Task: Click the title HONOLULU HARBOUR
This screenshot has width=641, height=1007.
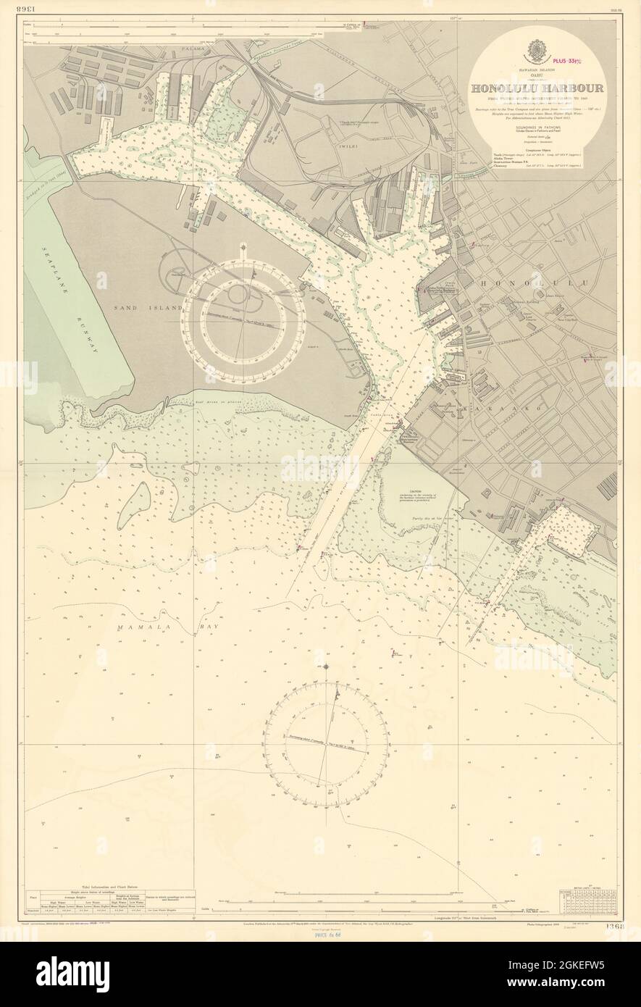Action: [539, 89]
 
